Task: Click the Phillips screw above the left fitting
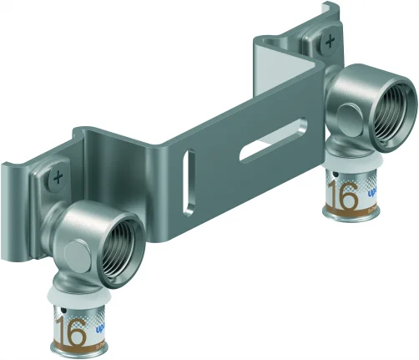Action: (x=57, y=177)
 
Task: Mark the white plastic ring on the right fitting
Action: (x=349, y=168)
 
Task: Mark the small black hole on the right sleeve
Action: (x=330, y=175)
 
